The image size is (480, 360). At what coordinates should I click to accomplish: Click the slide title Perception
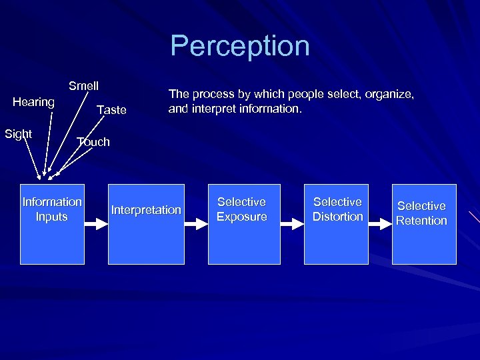[240, 47]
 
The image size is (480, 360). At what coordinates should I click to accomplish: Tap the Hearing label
[33, 102]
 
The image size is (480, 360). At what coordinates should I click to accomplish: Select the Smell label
[83, 86]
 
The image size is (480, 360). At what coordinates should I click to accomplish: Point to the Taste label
[111, 110]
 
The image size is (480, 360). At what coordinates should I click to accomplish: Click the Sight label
[18, 134]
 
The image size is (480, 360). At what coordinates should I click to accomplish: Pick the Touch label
[93, 141]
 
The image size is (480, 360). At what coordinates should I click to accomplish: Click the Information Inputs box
[52, 224]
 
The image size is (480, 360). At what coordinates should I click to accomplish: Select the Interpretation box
[146, 224]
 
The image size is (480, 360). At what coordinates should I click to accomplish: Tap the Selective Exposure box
[241, 224]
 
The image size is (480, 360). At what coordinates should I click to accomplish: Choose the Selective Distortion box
[337, 224]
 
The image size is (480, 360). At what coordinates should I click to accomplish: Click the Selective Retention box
[424, 224]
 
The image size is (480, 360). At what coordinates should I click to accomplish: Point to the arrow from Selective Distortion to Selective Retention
[380, 225]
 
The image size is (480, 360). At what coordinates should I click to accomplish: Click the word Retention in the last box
[421, 221]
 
